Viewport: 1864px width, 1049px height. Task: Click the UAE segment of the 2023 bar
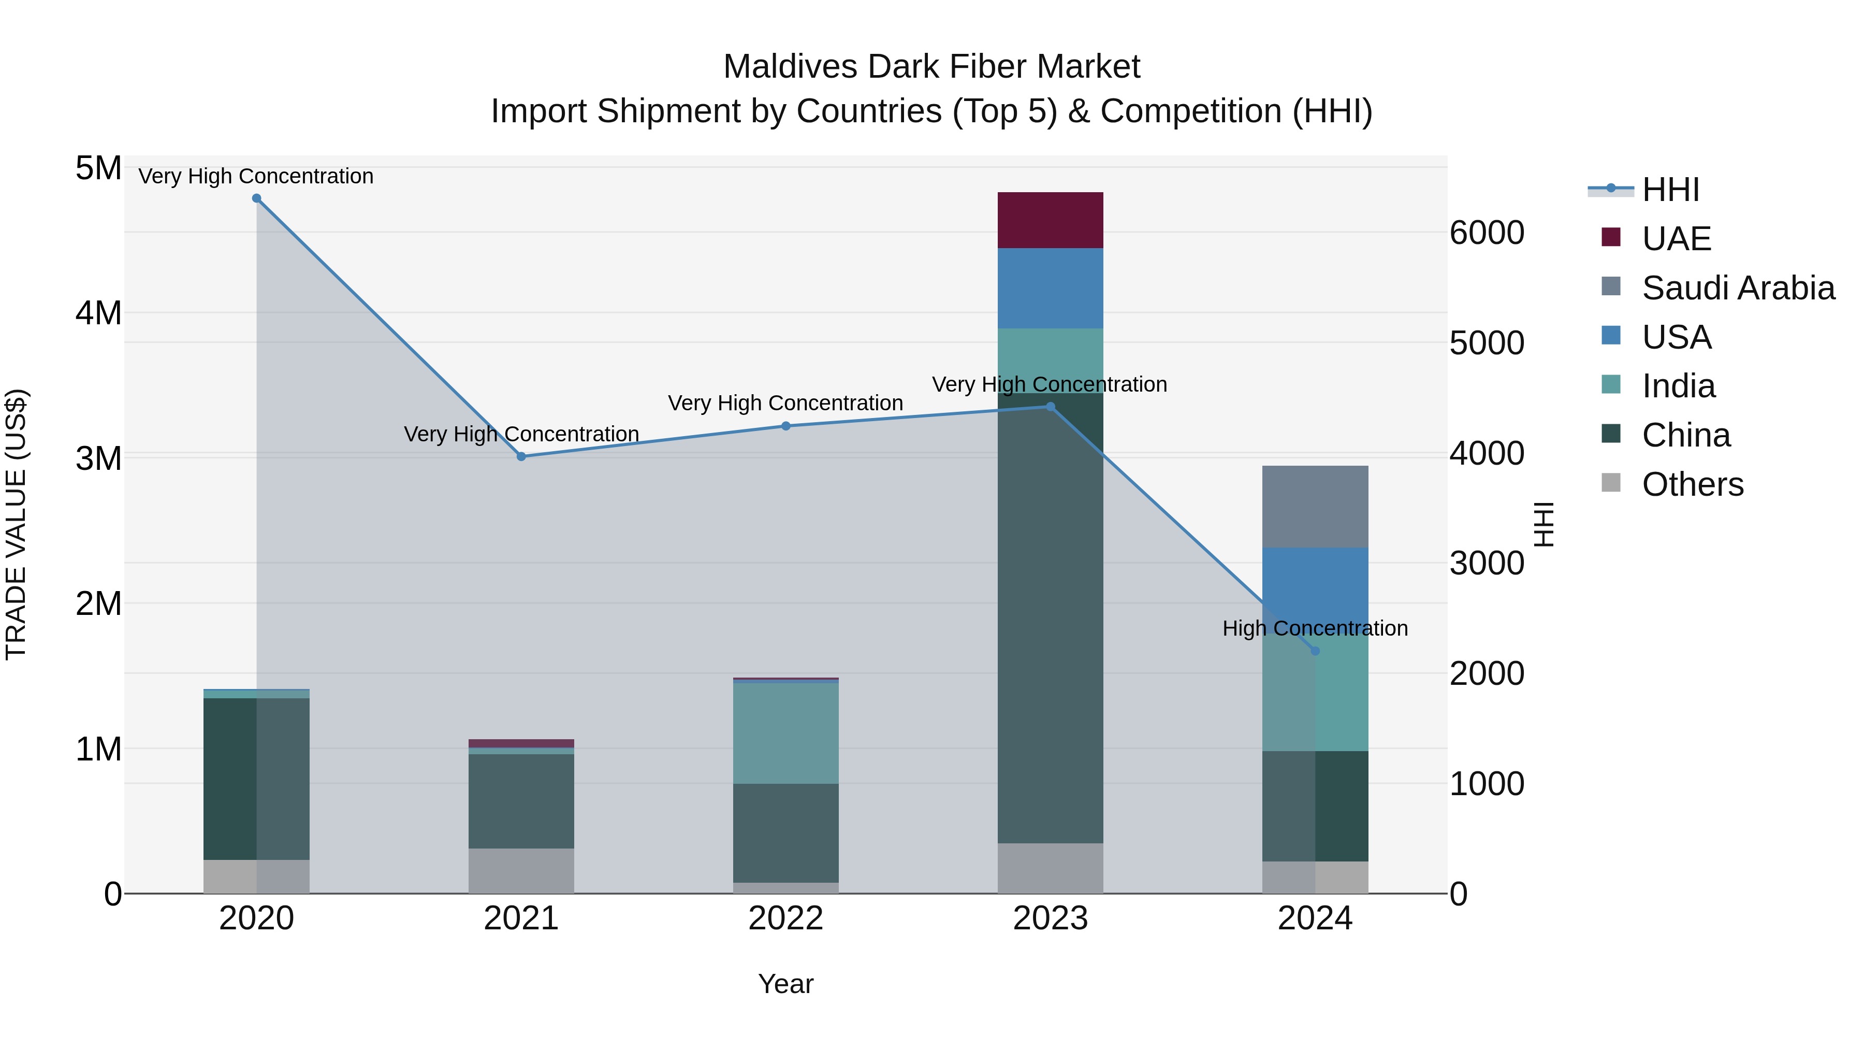tap(1050, 220)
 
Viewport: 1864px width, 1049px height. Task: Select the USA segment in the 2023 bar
tap(1050, 288)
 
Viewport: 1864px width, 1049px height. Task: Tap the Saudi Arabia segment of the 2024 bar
tap(1315, 507)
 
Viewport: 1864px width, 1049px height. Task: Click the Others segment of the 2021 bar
tap(521, 870)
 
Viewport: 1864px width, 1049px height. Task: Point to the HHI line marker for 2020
tap(257, 198)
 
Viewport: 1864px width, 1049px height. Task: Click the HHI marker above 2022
tap(786, 426)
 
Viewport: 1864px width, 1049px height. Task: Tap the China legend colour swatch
tap(1611, 435)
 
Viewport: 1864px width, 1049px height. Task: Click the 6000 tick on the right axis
tap(1486, 233)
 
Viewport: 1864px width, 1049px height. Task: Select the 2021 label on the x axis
tap(521, 918)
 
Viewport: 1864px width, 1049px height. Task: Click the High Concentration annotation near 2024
tap(1315, 628)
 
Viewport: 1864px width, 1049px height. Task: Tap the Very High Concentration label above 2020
tap(256, 176)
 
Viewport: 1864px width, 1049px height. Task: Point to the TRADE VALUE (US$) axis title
tap(16, 524)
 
